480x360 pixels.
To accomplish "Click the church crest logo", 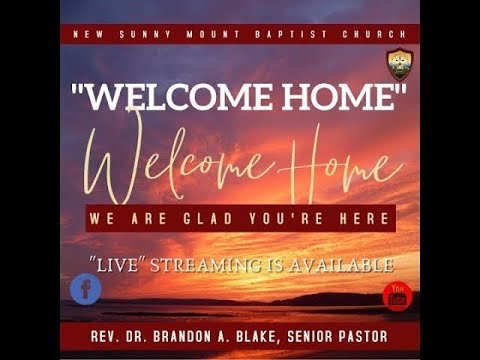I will click(x=400, y=63).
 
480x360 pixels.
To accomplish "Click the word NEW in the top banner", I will click(x=89, y=34).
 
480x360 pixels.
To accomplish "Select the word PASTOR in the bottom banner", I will click(x=358, y=337).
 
